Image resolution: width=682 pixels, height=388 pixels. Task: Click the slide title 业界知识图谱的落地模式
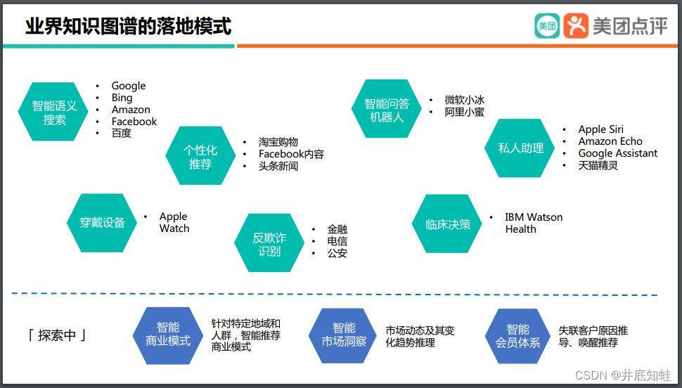click(x=128, y=27)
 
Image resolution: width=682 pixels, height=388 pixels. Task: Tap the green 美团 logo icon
click(x=546, y=26)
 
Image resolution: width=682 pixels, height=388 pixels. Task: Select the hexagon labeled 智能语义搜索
click(x=54, y=112)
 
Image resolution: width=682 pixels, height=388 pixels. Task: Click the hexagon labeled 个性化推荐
click(x=200, y=156)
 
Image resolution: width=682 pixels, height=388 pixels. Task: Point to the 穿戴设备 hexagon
click(x=96, y=223)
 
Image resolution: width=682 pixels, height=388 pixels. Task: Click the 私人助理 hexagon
click(x=521, y=148)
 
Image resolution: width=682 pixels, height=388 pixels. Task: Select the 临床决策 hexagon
click(x=448, y=224)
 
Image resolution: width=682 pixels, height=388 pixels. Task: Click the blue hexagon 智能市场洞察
click(x=344, y=335)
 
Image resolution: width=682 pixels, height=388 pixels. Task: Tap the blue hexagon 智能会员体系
click(x=518, y=335)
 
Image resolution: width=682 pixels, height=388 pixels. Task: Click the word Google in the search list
click(x=129, y=86)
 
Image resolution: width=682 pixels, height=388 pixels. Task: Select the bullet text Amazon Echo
click(x=610, y=141)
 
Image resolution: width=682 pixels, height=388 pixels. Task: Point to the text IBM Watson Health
click(x=534, y=223)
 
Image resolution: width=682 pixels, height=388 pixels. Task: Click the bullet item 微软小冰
click(x=464, y=100)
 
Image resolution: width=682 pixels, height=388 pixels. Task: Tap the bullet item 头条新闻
click(x=278, y=166)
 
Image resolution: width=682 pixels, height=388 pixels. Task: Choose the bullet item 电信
click(x=337, y=241)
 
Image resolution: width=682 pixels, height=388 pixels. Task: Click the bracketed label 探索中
click(x=57, y=335)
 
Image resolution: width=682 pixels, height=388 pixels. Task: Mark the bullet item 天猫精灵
click(x=598, y=165)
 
